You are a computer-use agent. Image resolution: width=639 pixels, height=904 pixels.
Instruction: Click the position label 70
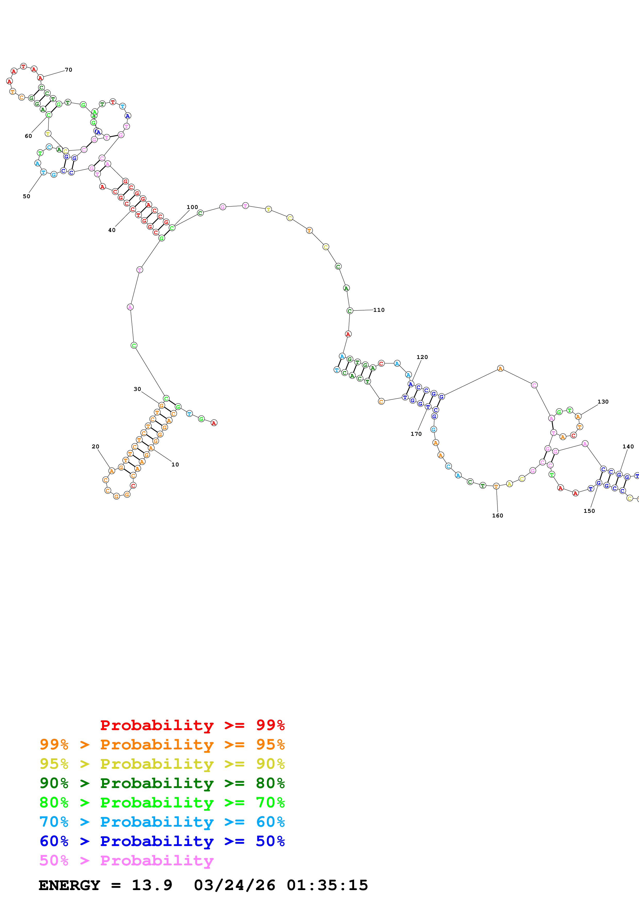(69, 70)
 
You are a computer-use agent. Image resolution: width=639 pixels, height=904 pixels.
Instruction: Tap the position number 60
(28, 136)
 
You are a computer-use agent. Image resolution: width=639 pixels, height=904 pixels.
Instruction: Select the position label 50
(26, 196)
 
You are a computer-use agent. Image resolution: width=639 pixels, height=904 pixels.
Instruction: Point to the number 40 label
(112, 230)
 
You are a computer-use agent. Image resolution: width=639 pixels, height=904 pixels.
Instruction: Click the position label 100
(192, 207)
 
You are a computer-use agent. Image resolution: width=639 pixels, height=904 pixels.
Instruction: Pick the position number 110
(379, 310)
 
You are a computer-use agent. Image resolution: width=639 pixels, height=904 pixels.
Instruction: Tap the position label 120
(422, 357)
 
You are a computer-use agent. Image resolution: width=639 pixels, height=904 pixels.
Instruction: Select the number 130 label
(603, 401)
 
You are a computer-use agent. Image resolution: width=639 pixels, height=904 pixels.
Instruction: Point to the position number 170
(416, 434)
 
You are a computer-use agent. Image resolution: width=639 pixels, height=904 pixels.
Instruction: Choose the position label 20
(95, 447)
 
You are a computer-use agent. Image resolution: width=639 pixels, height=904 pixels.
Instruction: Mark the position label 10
(175, 465)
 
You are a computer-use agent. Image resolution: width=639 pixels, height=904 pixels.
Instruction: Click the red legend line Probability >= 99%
(192, 725)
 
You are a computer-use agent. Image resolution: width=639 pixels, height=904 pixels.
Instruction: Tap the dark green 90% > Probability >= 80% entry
(162, 783)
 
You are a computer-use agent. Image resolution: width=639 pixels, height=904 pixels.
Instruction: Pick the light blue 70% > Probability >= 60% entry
(162, 822)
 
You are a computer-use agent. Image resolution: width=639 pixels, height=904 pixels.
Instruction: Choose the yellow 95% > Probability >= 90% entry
(162, 764)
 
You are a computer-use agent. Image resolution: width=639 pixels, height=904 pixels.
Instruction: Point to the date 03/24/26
(234, 885)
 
